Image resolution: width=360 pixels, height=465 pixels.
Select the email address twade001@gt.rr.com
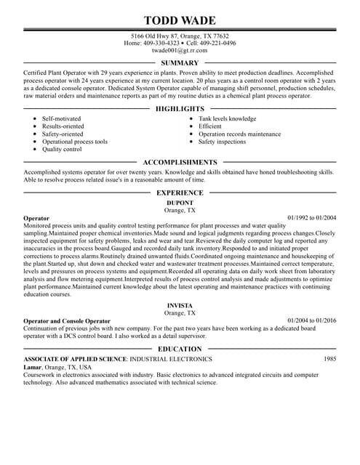[180, 51]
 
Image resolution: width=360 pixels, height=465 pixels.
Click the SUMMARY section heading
[180, 63]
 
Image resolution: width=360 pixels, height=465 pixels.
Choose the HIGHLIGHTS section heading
[180, 108]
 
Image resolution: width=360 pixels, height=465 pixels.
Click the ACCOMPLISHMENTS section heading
[180, 162]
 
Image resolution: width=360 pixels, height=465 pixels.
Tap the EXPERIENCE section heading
[180, 193]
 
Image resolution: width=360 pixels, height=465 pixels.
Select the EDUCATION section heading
[180, 349]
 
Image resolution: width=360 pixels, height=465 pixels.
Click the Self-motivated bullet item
[61, 118]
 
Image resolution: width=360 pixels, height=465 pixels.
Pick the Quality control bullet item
[62, 149]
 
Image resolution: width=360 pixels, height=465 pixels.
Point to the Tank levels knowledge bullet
[228, 118]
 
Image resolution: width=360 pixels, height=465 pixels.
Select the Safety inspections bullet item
[223, 142]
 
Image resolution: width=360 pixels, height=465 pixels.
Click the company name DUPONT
[180, 202]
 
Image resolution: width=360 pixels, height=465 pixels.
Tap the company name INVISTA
[180, 306]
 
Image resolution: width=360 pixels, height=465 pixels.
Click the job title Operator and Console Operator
[67, 320]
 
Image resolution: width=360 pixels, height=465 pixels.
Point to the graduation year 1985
[330, 359]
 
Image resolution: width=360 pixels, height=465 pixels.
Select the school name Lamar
[32, 368]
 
